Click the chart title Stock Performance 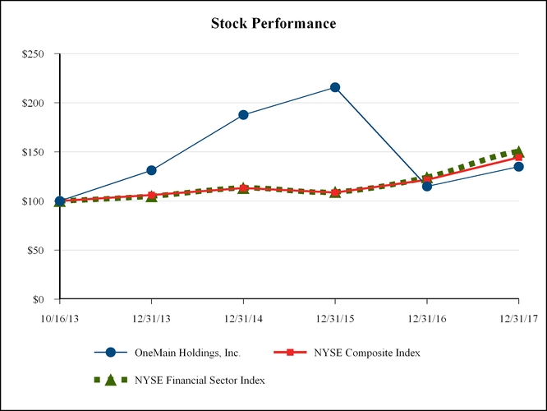coord(273,23)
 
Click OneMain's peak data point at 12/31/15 coord(335,87)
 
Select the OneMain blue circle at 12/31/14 coord(243,115)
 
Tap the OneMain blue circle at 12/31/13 coord(152,170)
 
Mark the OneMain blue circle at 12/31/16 coord(427,186)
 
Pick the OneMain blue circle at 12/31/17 coord(518,167)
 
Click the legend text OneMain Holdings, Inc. coord(187,353)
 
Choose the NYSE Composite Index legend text coord(367,353)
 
